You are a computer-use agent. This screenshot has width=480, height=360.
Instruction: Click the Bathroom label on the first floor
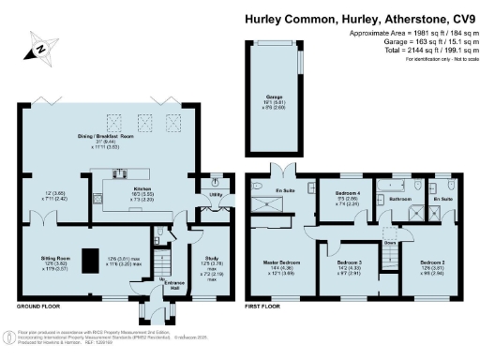tap(401, 199)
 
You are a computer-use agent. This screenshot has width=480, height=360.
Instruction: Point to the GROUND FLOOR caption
tap(40, 307)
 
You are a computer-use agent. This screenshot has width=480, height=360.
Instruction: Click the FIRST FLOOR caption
tap(268, 307)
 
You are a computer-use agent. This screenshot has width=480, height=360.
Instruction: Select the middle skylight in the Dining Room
tap(143, 119)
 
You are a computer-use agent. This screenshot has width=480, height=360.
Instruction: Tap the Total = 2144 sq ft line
tap(411, 52)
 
